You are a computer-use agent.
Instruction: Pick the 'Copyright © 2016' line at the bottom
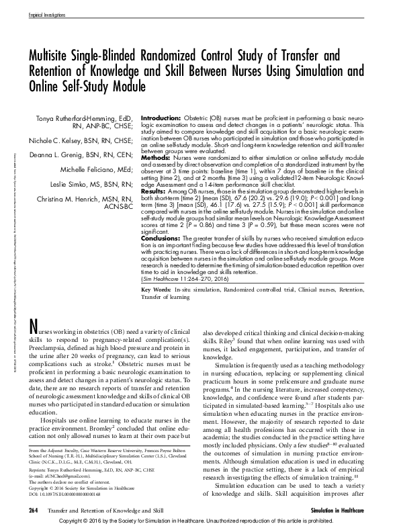(195, 521)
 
